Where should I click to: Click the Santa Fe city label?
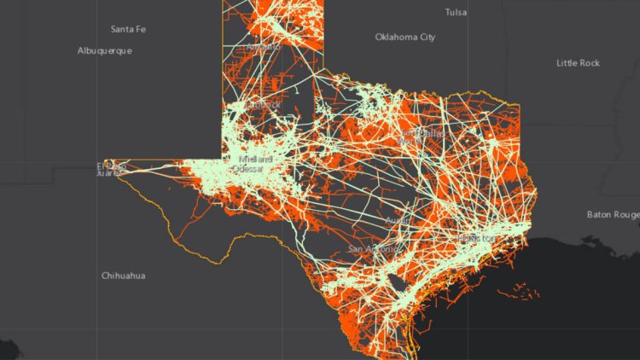(128, 29)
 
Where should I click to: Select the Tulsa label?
(456, 12)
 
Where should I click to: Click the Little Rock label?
(578, 63)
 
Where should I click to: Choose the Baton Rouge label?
(613, 214)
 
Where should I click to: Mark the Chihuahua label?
(124, 276)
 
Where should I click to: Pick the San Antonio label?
(372, 249)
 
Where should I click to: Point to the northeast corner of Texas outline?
(518, 105)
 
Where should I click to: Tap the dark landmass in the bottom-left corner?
(9, 350)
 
